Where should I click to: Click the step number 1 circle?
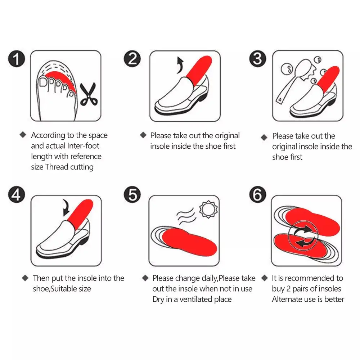(x=17, y=59)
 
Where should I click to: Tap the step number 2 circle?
(x=132, y=59)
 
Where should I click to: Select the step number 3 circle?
(x=258, y=59)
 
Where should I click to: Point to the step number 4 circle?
(x=17, y=194)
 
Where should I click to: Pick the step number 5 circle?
(x=132, y=194)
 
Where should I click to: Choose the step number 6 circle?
(x=258, y=194)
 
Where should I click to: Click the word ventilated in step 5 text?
(x=196, y=299)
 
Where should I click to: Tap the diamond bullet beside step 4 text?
(x=25, y=278)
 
